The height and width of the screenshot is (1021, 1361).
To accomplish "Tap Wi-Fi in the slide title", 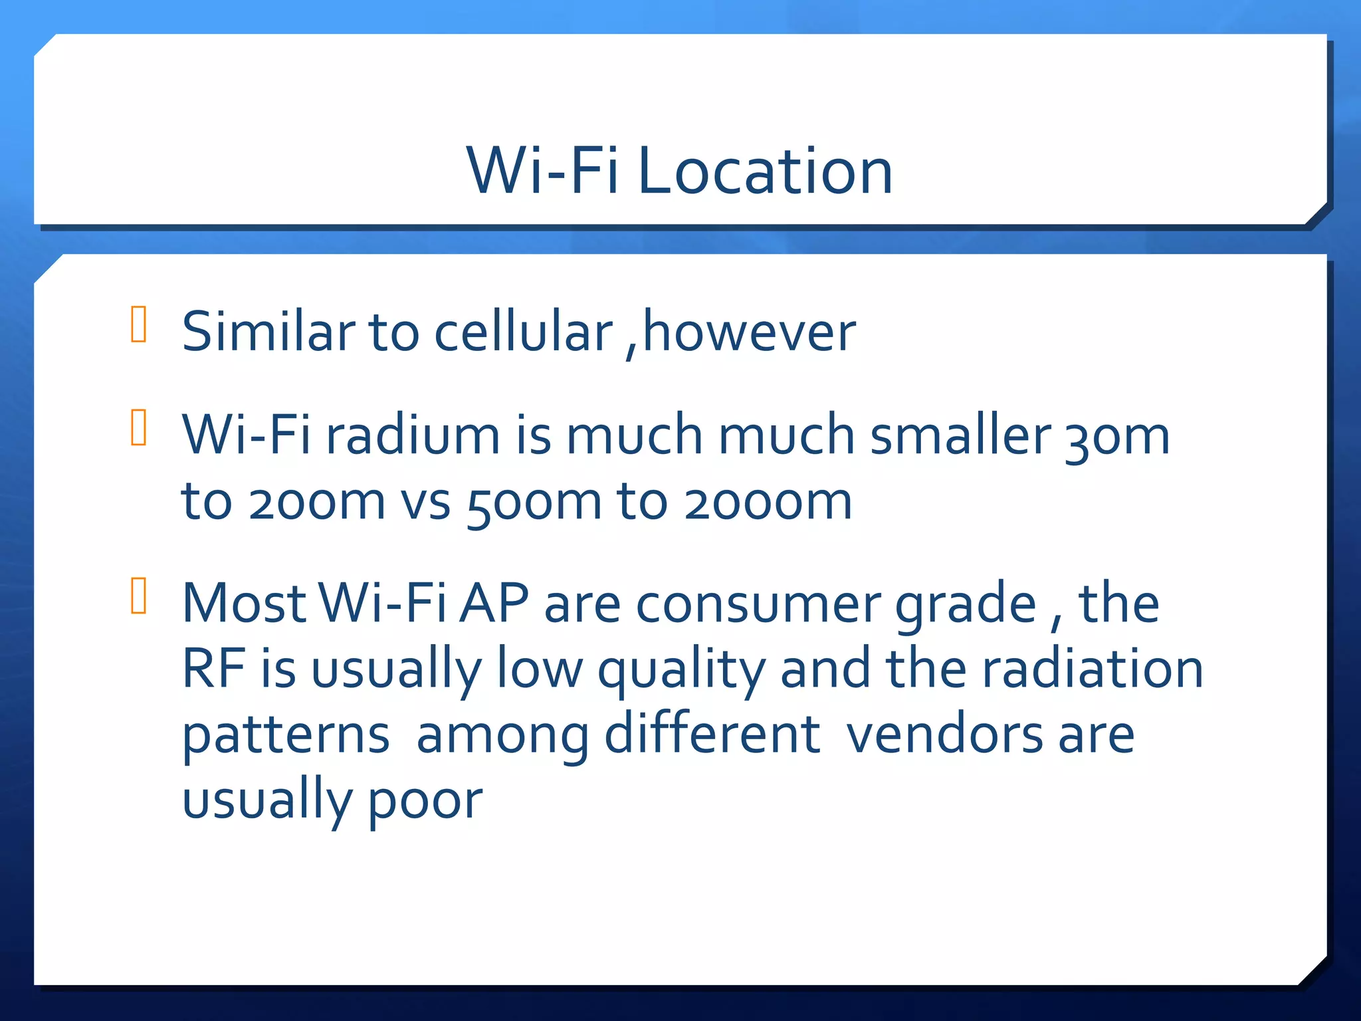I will (x=542, y=171).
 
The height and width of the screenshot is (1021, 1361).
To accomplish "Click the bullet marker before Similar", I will (x=139, y=324).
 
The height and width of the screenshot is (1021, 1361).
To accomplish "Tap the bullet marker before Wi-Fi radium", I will (x=139, y=427).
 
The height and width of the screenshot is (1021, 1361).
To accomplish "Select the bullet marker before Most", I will (x=139, y=596).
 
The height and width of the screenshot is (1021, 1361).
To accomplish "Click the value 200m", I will (x=316, y=502).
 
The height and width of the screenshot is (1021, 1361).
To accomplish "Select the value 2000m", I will (x=768, y=502).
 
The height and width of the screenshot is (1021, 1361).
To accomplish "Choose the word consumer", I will (x=758, y=604).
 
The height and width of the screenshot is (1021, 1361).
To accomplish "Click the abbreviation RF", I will (x=213, y=668).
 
